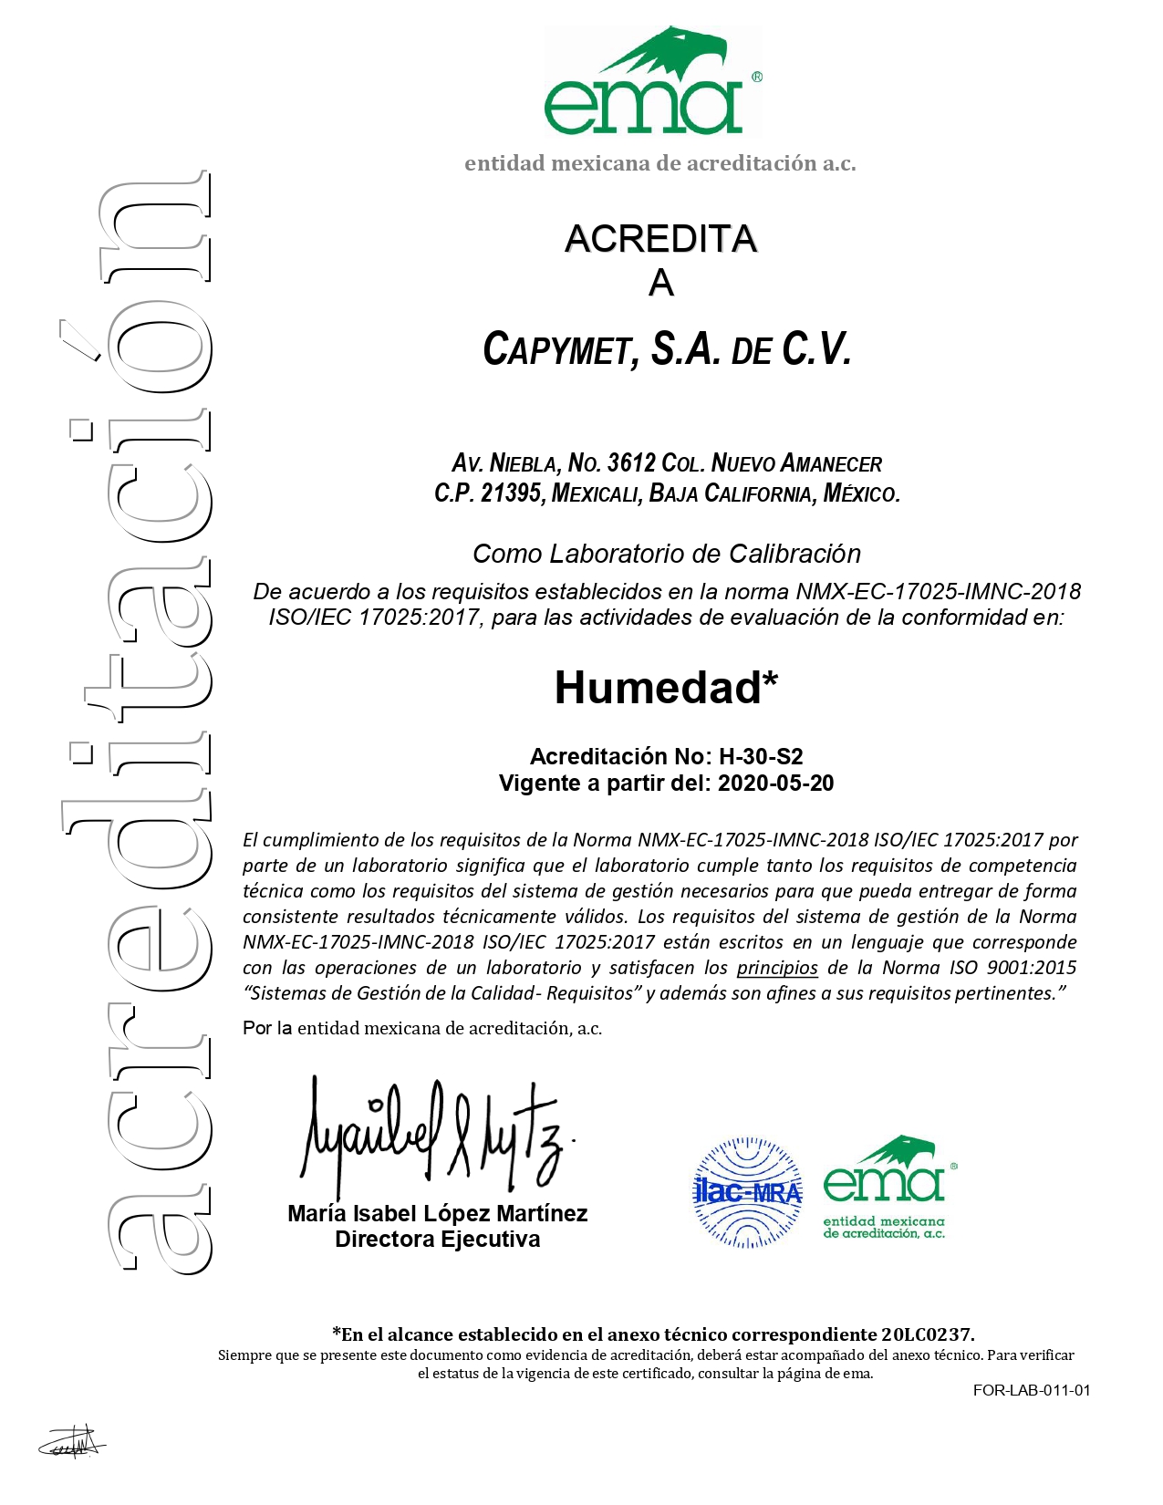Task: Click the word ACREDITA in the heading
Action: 660,239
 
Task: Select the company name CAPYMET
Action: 556,350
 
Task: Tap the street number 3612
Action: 630,463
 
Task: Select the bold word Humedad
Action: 658,688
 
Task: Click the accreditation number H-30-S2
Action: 761,756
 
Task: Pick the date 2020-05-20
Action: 775,784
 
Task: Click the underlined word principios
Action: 777,968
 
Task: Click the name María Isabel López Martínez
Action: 437,1213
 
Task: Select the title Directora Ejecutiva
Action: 437,1240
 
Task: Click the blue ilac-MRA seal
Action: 747,1191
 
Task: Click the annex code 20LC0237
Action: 927,1334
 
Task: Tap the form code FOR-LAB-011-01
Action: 1031,1390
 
